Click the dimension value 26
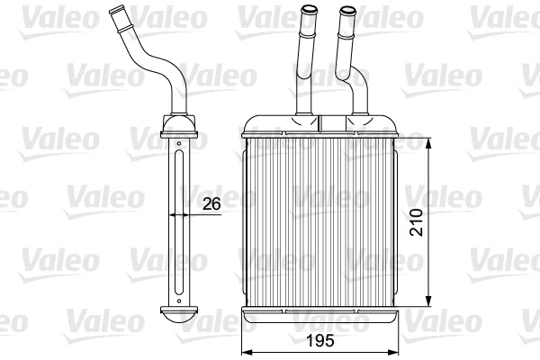pyautogui.click(x=211, y=204)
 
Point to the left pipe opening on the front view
pyautogui.click(x=309, y=12)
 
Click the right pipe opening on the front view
pyautogui.click(x=346, y=12)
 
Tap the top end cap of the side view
pyautogui.click(x=180, y=123)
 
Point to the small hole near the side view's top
pyautogui.click(x=180, y=141)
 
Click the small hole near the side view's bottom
pyautogui.click(x=180, y=298)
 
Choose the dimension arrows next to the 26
pyautogui.click(x=180, y=216)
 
